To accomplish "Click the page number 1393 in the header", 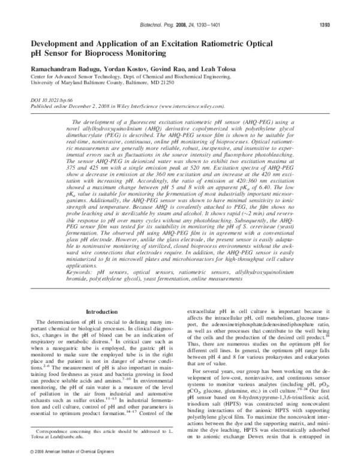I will tap(335, 26).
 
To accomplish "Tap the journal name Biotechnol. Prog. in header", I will tap(158, 26).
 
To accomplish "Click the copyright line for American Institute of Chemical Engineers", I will tap(69, 466).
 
